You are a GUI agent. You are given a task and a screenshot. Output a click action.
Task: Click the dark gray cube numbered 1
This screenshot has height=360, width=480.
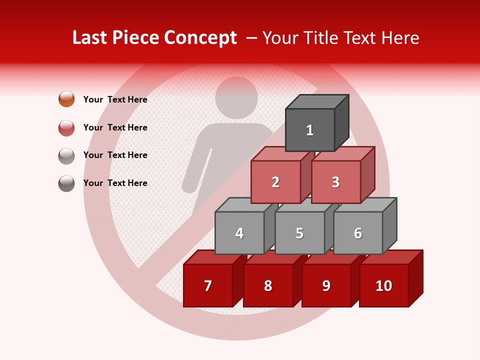tap(310, 130)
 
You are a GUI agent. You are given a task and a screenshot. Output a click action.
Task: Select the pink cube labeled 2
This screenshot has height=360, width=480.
tap(275, 182)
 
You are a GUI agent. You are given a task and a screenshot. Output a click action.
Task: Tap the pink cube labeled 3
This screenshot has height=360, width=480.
tap(335, 182)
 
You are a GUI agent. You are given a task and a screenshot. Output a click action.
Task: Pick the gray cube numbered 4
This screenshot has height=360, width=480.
tap(239, 233)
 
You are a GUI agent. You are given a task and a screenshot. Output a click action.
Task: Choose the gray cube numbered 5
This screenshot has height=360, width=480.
tap(299, 233)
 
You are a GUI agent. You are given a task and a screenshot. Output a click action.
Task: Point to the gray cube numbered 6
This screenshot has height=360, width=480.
tap(358, 233)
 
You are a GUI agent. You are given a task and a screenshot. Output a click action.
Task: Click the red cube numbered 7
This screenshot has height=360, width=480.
tap(208, 285)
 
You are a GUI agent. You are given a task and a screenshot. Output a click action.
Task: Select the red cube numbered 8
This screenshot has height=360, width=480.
tap(268, 285)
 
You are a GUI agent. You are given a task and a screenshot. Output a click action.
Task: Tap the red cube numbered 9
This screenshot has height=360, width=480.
tap(326, 285)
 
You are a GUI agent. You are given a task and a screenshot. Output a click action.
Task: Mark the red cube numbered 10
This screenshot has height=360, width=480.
tap(384, 285)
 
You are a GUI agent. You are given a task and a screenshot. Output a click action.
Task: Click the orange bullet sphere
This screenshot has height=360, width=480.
tap(66, 99)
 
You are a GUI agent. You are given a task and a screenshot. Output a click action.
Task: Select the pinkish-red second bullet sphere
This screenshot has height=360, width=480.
tap(66, 127)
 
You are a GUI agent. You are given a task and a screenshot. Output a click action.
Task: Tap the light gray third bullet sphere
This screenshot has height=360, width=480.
tap(66, 155)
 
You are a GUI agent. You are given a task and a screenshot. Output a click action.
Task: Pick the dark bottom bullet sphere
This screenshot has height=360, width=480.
tap(66, 183)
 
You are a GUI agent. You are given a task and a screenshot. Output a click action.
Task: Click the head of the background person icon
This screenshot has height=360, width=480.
tap(236, 97)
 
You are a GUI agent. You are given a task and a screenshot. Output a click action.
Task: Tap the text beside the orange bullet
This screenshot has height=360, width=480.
tap(115, 99)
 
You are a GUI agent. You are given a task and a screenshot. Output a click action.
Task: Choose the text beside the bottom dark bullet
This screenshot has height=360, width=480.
tap(115, 183)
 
